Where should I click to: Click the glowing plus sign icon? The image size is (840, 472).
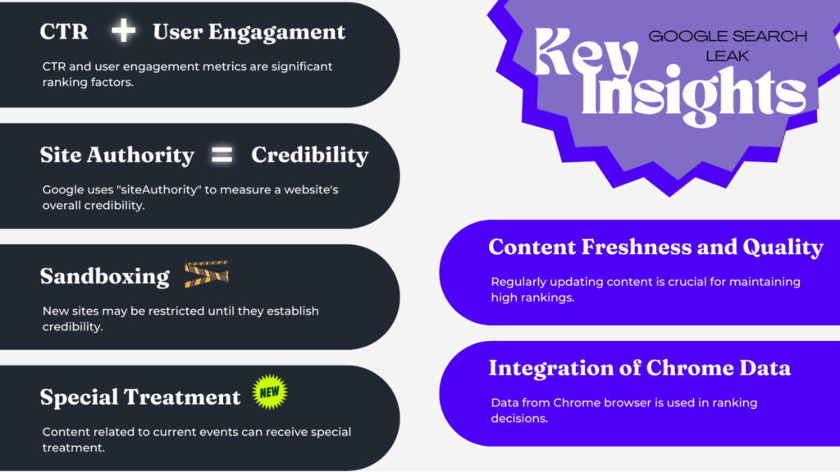(123, 31)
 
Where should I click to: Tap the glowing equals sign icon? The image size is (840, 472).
(222, 154)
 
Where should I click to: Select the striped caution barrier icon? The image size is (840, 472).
(206, 275)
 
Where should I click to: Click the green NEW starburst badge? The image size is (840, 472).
(270, 394)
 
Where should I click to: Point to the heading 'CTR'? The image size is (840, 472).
(64, 33)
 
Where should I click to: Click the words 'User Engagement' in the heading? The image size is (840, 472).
(249, 33)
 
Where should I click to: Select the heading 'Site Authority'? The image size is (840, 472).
(117, 155)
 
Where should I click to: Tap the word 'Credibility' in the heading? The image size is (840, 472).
(310, 155)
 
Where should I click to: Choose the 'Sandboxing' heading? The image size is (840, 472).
(105, 276)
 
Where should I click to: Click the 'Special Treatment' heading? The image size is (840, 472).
(140, 397)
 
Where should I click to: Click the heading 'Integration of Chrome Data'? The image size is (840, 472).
(640, 368)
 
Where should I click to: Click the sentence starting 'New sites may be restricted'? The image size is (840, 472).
(180, 319)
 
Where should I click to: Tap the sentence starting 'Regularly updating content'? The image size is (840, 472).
(646, 289)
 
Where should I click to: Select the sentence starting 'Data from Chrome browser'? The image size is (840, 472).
(624, 410)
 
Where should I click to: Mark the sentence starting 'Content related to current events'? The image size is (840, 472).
(197, 440)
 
